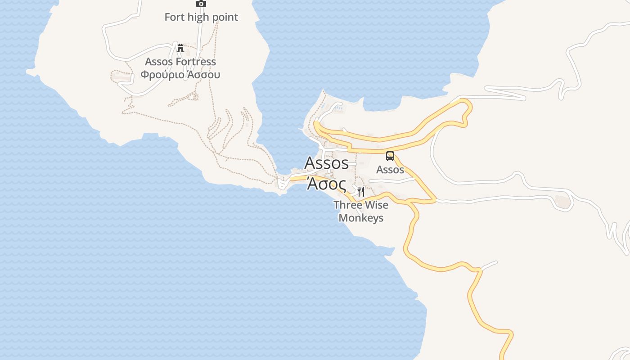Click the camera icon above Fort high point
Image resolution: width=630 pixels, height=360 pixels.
click(x=201, y=4)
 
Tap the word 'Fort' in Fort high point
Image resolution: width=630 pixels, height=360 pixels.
click(x=175, y=17)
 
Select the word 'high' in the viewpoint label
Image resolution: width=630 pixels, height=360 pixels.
click(x=198, y=17)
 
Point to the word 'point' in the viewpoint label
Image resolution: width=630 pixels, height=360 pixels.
click(x=225, y=17)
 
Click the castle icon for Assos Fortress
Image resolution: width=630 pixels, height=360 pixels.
click(x=180, y=48)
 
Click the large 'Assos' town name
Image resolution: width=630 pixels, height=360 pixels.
click(x=327, y=163)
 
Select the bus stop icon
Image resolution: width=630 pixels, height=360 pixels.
click(x=390, y=156)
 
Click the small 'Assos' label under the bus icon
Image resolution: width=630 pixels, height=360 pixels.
click(x=390, y=170)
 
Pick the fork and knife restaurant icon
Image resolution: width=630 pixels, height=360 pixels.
click(x=360, y=192)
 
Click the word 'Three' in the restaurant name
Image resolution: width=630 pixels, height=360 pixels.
click(x=346, y=205)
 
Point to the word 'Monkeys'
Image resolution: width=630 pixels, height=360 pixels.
click(x=361, y=218)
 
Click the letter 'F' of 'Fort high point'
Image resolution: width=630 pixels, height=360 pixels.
click(x=167, y=17)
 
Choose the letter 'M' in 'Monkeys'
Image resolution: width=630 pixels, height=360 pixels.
click(x=343, y=218)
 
